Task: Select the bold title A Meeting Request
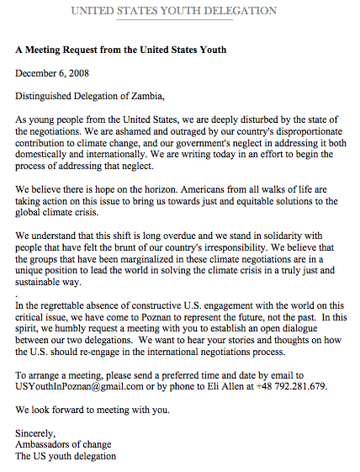pos(120,50)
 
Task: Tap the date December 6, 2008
pos(53,73)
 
